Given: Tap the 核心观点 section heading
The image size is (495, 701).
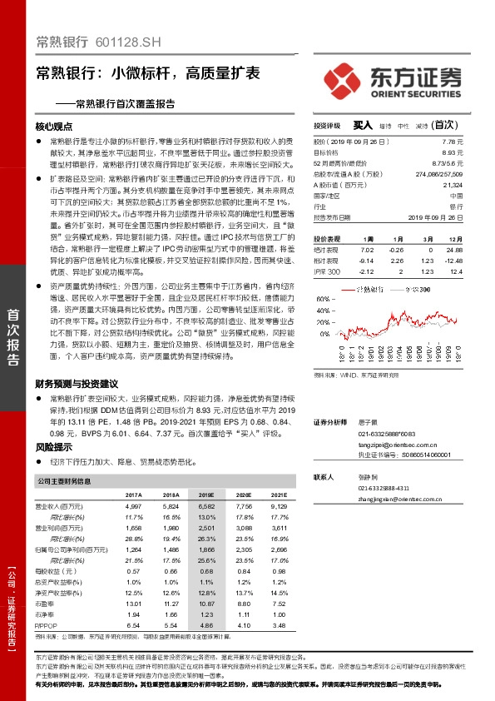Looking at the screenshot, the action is click(x=54, y=127).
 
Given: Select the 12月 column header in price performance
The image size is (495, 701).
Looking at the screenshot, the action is click(x=453, y=238).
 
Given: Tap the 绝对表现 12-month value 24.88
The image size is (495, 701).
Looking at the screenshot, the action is click(x=453, y=249).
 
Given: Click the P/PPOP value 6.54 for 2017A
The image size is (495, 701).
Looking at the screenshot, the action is click(x=132, y=623).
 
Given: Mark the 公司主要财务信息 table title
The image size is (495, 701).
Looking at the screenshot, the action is click(x=65, y=481).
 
